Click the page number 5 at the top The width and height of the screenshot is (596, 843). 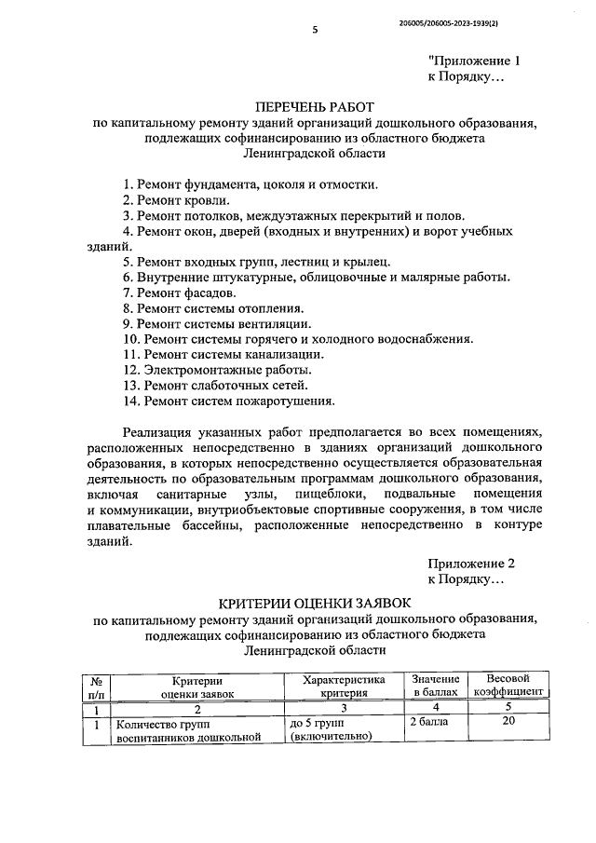[x=315, y=29]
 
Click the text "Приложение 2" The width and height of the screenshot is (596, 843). [x=471, y=564]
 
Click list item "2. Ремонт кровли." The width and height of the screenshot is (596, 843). [x=175, y=199]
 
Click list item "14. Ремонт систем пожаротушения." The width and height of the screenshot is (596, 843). [x=228, y=401]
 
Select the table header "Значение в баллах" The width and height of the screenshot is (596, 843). [x=436, y=687]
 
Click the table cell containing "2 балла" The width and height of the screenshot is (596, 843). [x=428, y=722]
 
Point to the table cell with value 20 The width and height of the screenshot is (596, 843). [x=508, y=722]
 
